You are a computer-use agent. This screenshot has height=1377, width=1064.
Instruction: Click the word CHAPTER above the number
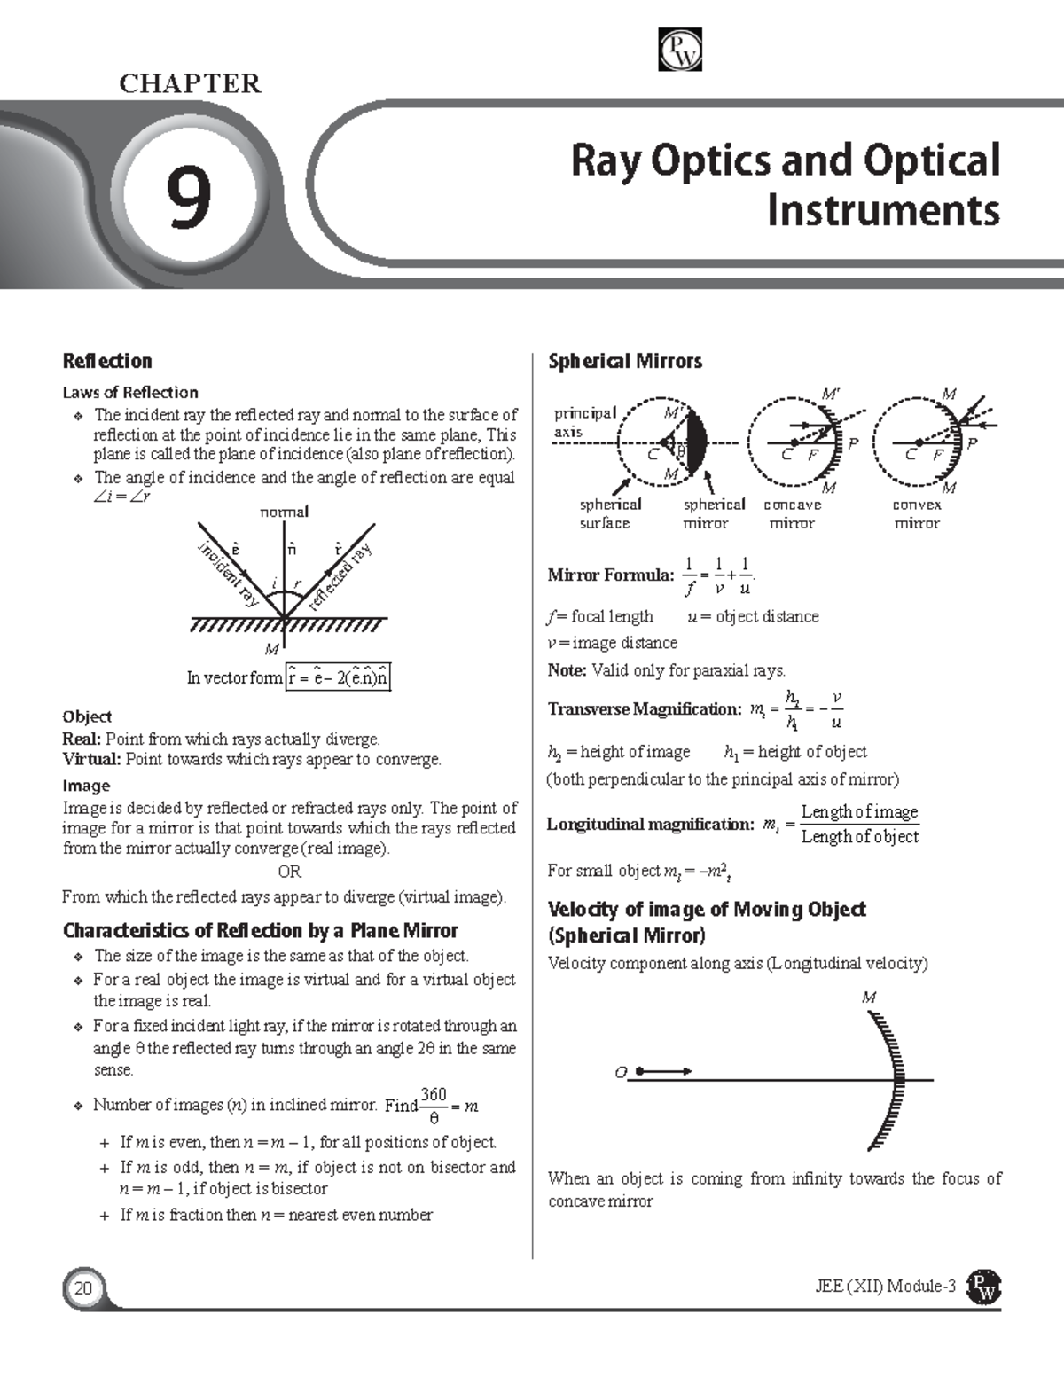tap(190, 84)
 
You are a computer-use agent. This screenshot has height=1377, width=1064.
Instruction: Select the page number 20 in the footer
tap(83, 1288)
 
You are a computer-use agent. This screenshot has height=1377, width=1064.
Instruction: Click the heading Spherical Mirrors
tap(625, 361)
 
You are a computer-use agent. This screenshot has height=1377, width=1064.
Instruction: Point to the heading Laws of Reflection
tap(130, 392)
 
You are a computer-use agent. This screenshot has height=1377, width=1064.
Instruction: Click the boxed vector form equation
tap(338, 678)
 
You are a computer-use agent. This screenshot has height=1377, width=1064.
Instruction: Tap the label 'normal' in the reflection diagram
tap(284, 512)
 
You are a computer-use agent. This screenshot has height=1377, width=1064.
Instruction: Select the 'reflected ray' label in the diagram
tap(340, 577)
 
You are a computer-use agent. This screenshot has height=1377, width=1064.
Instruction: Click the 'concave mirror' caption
tap(792, 514)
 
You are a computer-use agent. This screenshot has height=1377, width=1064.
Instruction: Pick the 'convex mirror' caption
tap(917, 514)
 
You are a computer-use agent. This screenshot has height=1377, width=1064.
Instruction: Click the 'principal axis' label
tap(583, 422)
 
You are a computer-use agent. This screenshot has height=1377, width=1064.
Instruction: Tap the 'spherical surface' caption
tap(610, 514)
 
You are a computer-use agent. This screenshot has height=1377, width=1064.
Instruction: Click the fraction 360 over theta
tap(434, 1106)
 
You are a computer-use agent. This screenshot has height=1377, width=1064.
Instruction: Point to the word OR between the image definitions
tap(289, 872)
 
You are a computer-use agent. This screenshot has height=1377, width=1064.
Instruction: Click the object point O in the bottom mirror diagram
tap(621, 1073)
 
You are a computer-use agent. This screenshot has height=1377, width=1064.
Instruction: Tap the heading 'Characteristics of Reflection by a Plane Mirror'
tap(260, 930)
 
